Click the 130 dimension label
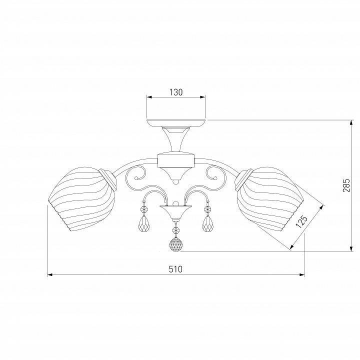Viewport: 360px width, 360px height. pyautogui.click(x=176, y=92)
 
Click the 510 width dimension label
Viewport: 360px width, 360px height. pyautogui.click(x=175, y=269)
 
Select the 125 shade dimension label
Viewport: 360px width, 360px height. pyautogui.click(x=301, y=221)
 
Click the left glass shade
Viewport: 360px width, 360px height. pyautogui.click(x=81, y=199)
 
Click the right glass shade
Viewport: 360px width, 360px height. pyautogui.click(x=270, y=199)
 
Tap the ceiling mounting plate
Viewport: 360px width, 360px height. pyautogui.click(x=176, y=123)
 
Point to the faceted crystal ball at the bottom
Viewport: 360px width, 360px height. pyautogui.click(x=176, y=244)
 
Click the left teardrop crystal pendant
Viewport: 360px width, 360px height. pyautogui.click(x=144, y=223)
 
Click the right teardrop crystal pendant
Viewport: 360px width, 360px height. pyautogui.click(x=208, y=223)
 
